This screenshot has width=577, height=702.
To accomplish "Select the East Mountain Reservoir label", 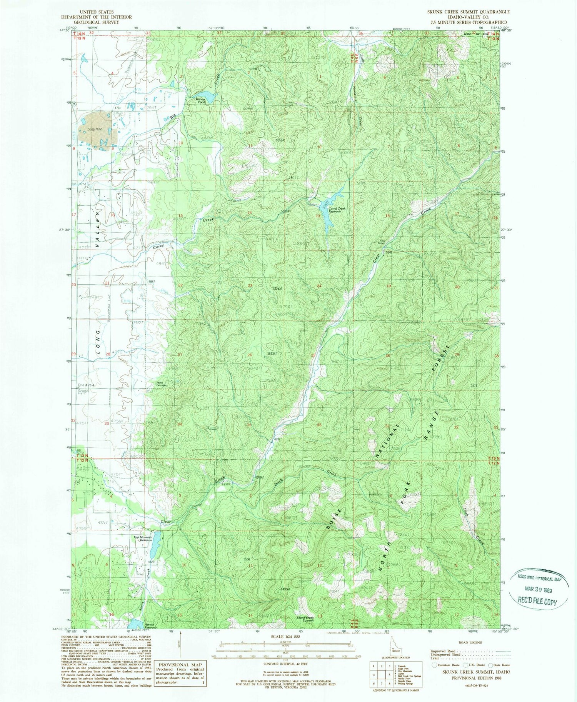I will pos(143,539).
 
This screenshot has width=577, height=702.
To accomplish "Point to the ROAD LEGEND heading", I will pos(470,642).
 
